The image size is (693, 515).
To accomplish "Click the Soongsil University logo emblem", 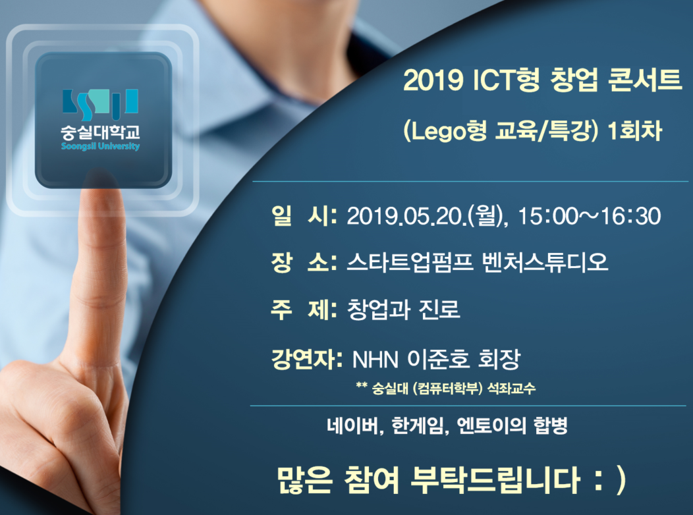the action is pos(100,105).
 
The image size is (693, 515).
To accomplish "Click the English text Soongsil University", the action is pos(100,146).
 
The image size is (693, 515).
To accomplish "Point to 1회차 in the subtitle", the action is pos(635,131).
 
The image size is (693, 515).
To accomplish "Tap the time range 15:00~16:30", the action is pos(589,216).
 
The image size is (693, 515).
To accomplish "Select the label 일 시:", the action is pos(304,215).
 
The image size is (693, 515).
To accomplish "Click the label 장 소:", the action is pos(304,262).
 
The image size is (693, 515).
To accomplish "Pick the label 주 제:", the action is pos(304,309).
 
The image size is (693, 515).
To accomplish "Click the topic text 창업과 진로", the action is pos(403,309).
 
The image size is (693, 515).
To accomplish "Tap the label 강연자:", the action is pos(307,359).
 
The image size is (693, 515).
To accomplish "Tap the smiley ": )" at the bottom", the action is pos(609,481).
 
